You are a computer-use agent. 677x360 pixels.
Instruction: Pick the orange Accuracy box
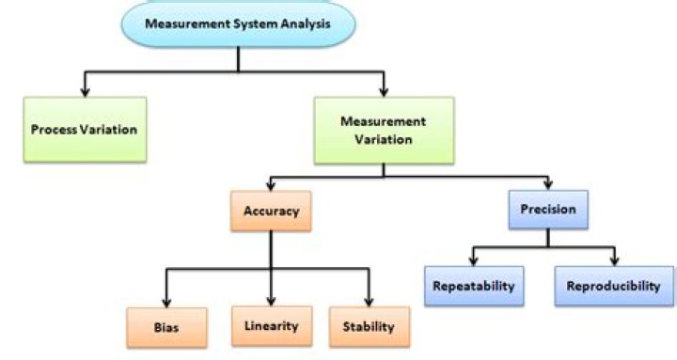pos(270,211)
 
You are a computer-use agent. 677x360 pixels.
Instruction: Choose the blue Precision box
pos(547,211)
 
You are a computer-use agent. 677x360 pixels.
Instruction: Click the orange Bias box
pos(165,328)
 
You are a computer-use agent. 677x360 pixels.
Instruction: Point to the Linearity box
pos(271,325)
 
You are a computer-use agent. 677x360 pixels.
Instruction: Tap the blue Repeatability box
pos(474,286)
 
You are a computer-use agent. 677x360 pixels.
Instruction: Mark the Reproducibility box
pos(614,286)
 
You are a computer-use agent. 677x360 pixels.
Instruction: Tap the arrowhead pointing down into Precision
pos(547,184)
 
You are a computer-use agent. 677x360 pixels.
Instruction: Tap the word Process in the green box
pos(52,129)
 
